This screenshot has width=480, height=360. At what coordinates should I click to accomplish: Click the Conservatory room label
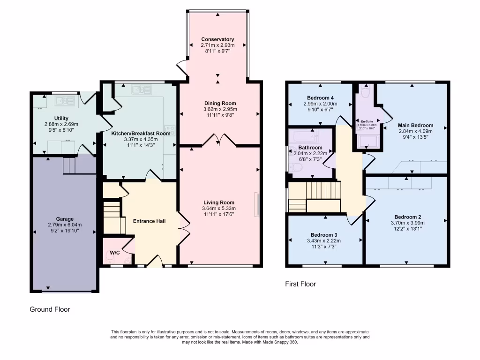pos(217,39)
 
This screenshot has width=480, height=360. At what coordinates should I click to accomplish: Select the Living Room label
pos(219,202)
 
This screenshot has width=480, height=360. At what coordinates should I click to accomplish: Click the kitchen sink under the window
pos(140,89)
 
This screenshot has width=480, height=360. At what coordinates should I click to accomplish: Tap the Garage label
pos(65,218)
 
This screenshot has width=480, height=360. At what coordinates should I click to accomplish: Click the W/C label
pos(114,253)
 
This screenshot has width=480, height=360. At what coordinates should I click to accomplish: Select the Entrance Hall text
pos(149,221)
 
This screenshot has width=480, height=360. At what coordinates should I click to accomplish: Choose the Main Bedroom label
pos(415,125)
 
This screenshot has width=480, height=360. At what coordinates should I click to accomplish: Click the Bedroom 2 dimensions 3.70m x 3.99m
pos(407,223)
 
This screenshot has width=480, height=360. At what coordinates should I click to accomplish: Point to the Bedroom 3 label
pos(323,235)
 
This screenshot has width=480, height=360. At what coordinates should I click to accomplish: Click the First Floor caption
pos(300,284)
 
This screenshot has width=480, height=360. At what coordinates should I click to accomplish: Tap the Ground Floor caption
pos(50,309)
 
